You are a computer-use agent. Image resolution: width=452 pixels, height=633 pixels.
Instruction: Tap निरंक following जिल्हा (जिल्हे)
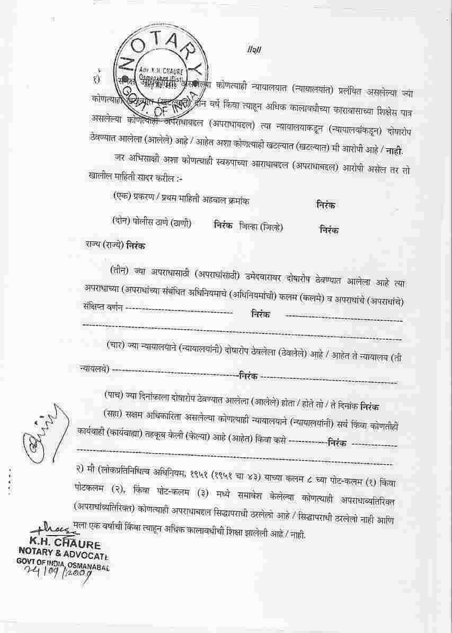[329, 230]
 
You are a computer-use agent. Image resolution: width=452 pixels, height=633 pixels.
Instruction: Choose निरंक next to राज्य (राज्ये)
[135, 246]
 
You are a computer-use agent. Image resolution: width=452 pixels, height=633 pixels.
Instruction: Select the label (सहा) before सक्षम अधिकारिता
[115, 412]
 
